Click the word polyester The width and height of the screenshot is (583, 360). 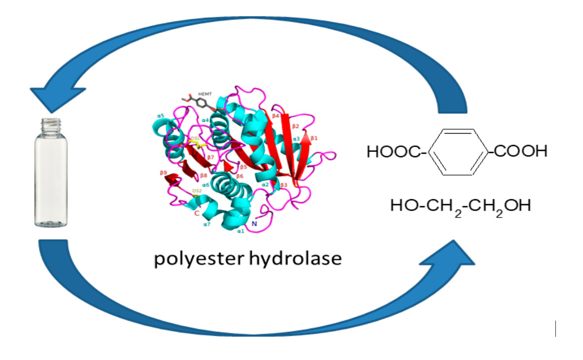[194, 259]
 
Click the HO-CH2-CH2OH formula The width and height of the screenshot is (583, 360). [460, 206]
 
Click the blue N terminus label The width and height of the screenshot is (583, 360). [254, 224]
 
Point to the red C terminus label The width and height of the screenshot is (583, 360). [196, 214]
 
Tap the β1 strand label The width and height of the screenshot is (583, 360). [314, 139]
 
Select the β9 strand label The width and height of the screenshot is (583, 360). [164, 173]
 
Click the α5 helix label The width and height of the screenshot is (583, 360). [161, 115]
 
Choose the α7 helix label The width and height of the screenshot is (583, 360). [207, 224]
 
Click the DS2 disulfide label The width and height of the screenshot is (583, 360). [197, 190]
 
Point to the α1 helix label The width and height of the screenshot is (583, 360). [241, 230]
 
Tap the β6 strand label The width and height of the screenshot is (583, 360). [240, 176]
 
